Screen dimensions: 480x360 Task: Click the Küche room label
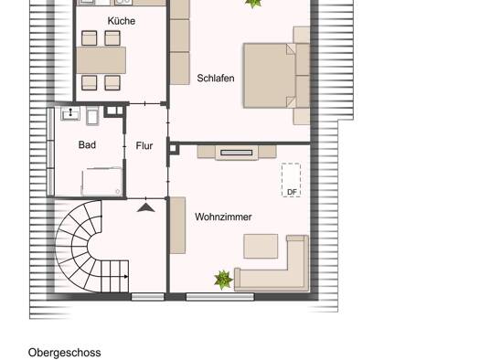coord(122,21)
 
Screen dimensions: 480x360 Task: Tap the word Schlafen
coord(216,78)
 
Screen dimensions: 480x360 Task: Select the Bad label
coord(87,144)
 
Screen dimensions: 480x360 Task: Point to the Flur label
coord(144,145)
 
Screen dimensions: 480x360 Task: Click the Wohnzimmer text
coord(223,217)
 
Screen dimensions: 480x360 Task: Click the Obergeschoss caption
coord(64,353)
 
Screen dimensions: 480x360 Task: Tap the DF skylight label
coord(292,192)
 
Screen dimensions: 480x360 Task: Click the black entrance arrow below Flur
coord(145,207)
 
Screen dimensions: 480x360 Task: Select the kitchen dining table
coord(101,60)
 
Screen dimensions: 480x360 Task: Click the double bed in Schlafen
coord(270,76)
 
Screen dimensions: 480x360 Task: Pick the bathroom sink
coord(70,113)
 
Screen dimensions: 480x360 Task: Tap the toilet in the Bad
coord(92,116)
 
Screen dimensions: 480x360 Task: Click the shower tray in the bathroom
coord(101,181)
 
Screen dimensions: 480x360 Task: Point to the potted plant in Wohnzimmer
coord(223,280)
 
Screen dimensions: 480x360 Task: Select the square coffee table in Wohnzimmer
coord(261,246)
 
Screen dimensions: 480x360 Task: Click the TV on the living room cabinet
coord(237,153)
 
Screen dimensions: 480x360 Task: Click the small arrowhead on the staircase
coord(126,277)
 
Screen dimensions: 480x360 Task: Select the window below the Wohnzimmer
coord(220,296)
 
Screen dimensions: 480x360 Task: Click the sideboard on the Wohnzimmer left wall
coord(177,226)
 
